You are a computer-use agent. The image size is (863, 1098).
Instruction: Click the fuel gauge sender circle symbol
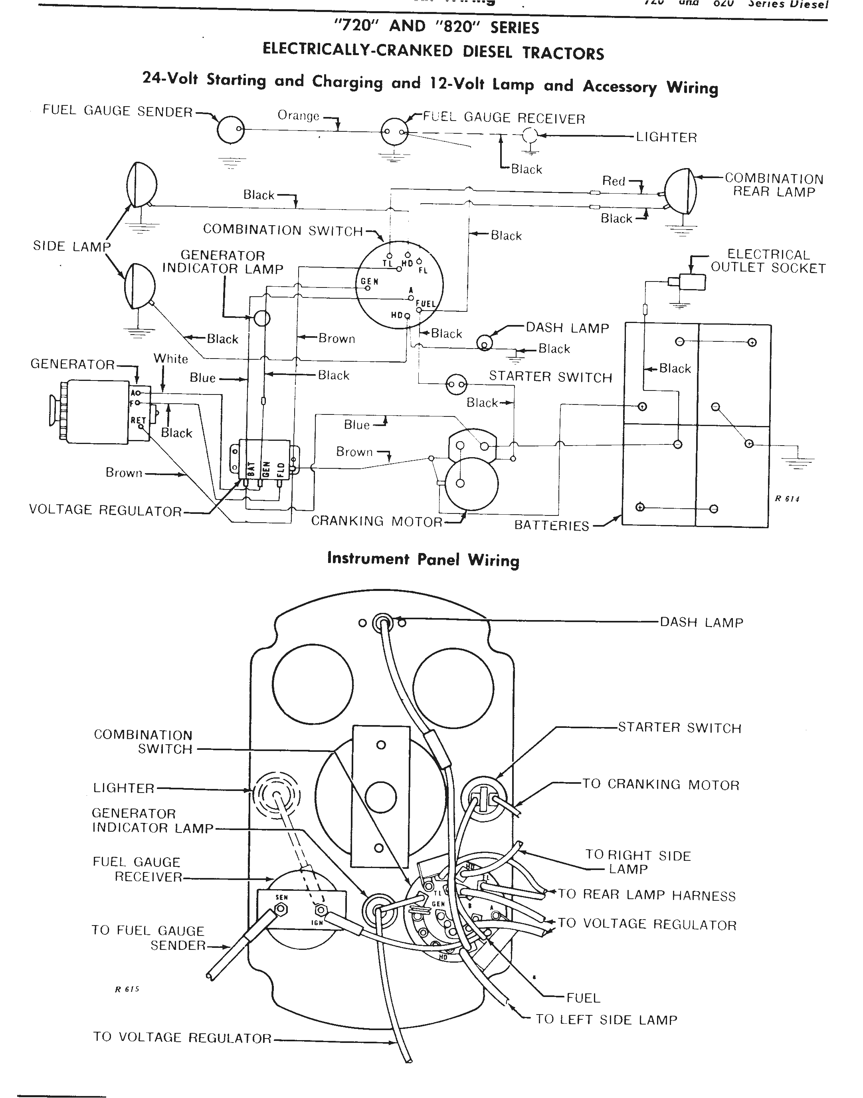click(x=230, y=131)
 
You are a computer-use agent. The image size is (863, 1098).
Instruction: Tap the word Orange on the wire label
click(x=298, y=116)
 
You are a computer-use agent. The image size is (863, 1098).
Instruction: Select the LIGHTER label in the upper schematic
click(x=666, y=137)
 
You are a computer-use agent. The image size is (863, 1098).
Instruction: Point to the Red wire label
click(x=614, y=181)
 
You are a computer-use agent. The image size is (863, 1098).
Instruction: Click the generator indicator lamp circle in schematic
click(x=262, y=318)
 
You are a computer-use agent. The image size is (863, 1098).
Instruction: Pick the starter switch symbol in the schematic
click(x=456, y=384)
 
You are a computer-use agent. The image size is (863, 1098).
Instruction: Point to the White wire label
click(x=171, y=359)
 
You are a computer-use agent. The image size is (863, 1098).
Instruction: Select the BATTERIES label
click(x=551, y=525)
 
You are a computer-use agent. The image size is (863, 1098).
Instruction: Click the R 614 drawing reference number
click(x=787, y=499)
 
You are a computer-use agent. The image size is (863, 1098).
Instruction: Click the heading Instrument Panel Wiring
click(x=423, y=559)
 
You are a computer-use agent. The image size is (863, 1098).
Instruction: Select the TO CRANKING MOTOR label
click(x=660, y=785)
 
